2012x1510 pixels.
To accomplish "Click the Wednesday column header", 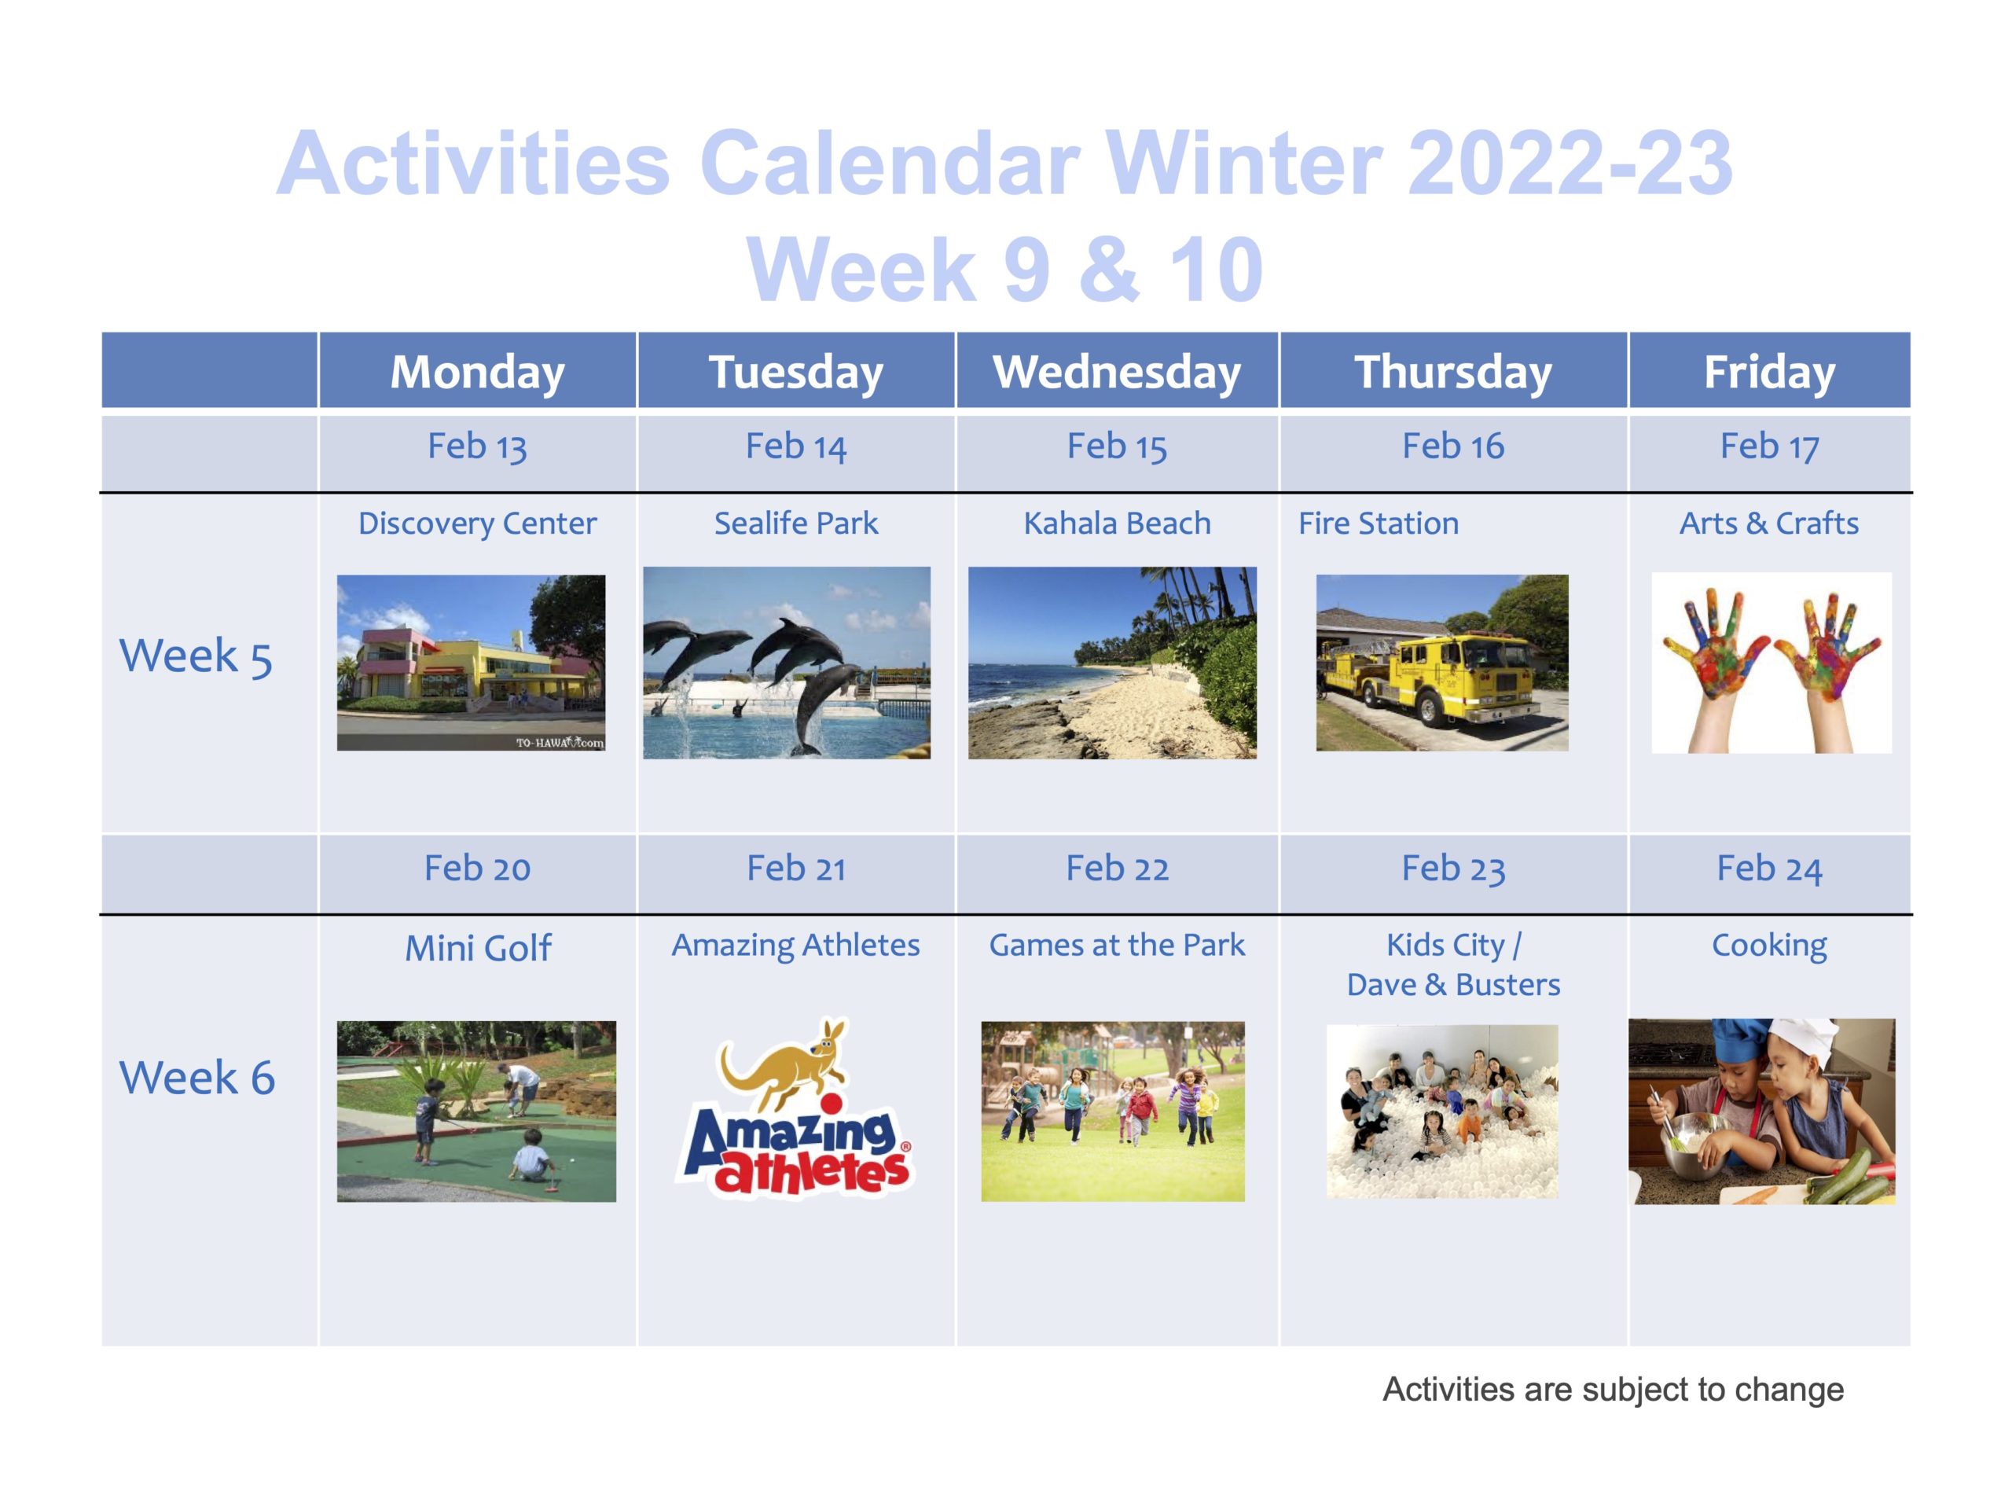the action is [x=1116, y=371].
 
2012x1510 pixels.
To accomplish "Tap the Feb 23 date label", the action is [x=1452, y=869].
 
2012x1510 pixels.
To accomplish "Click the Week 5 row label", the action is [x=196, y=657].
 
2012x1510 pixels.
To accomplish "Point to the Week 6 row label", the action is [x=196, y=1078].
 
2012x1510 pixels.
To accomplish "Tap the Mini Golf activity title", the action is [x=478, y=948].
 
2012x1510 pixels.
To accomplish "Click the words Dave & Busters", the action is [x=1452, y=984].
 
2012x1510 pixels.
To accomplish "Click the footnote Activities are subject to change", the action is [x=1613, y=1389].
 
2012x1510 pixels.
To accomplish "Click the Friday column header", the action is [x=1769, y=371].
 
